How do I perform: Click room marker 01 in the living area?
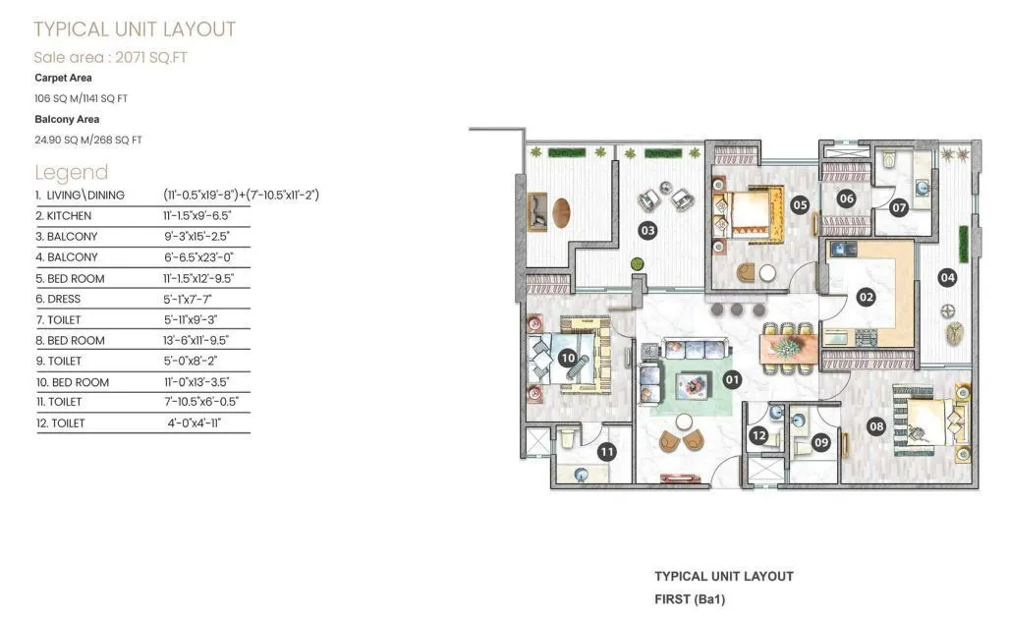point(731,377)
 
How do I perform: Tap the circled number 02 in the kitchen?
point(866,296)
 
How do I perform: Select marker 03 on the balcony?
point(647,231)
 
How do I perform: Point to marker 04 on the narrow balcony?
point(947,277)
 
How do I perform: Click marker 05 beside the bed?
point(800,205)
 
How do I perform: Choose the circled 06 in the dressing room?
point(847,198)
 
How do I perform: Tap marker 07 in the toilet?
point(899,207)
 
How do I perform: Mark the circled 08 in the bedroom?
point(877,425)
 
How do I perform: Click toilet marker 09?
point(821,443)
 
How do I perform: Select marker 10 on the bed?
point(567,359)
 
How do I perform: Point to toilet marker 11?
point(607,452)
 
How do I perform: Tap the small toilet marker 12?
point(758,436)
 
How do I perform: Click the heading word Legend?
point(71,173)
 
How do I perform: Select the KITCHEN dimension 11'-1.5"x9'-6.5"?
point(202,215)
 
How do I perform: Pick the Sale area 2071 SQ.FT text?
point(110,57)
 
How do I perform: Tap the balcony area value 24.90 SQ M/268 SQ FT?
point(87,141)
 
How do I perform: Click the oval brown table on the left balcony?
point(561,212)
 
